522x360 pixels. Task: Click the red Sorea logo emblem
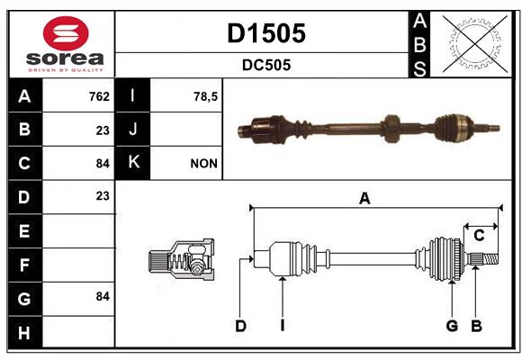(66, 33)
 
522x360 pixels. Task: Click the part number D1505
(266, 33)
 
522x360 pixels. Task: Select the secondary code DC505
(266, 65)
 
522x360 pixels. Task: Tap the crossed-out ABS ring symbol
(475, 44)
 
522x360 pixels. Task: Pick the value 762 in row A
(99, 96)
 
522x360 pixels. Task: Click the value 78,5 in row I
(205, 97)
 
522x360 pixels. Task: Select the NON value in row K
(203, 164)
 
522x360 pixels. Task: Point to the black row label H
(25, 332)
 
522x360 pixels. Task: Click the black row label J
(132, 130)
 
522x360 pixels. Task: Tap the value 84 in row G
(103, 296)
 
